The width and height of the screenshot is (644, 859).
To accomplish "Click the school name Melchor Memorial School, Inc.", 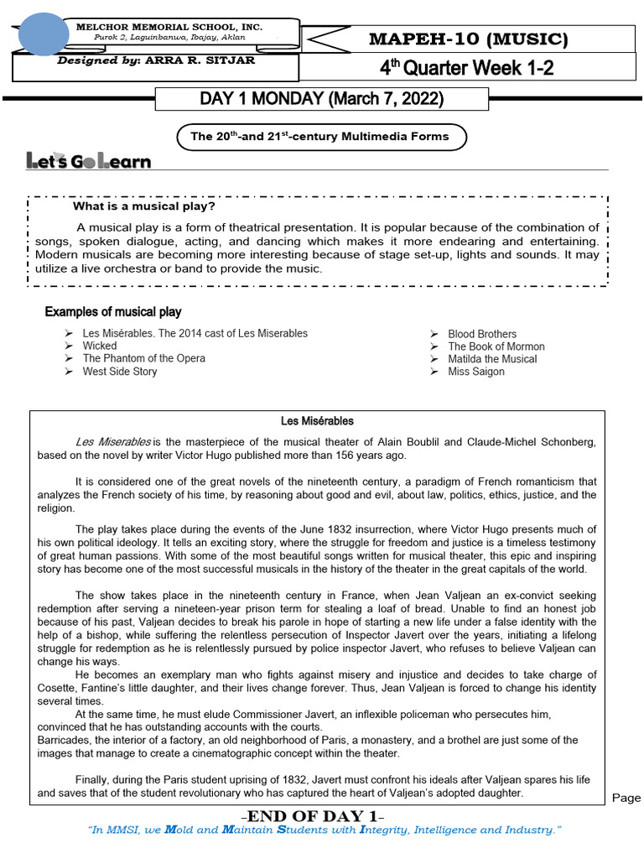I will (169, 28).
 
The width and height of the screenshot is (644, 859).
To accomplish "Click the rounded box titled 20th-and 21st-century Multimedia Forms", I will (319, 136).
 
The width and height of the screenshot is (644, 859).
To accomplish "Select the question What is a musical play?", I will (144, 206).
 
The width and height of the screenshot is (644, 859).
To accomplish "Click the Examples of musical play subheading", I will (112, 312).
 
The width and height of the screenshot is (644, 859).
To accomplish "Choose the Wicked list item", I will (100, 346).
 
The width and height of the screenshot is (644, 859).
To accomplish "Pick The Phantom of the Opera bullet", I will (143, 358).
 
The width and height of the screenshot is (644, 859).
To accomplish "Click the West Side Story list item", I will (119, 371).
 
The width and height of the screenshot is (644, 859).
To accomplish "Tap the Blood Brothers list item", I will (482, 334).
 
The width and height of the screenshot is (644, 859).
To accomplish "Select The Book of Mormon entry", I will (496, 346).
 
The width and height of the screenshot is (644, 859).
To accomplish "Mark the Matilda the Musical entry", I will (492, 359).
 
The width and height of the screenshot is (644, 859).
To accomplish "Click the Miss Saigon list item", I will (476, 372).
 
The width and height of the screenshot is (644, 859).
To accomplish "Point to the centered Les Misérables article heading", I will (317, 421).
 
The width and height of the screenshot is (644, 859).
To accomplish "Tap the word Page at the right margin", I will (626, 798).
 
